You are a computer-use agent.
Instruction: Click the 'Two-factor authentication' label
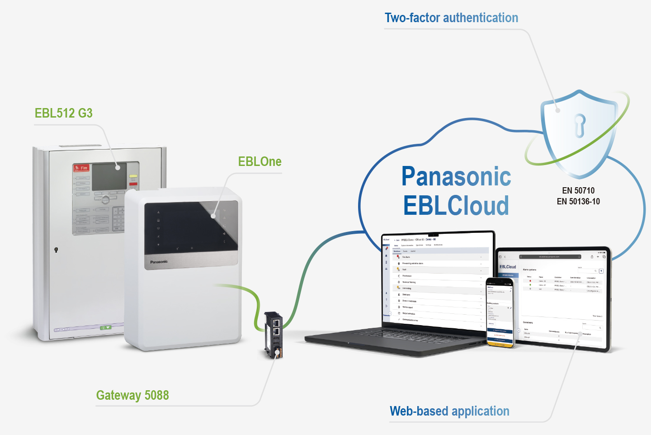[451, 18]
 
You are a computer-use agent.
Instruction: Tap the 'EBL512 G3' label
[64, 113]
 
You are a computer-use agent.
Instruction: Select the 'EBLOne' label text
[259, 161]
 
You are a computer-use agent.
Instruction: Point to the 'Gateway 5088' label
[132, 395]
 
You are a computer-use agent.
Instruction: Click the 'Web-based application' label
[449, 411]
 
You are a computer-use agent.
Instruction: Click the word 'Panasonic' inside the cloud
[456, 176]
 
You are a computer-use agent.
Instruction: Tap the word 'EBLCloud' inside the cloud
[456, 206]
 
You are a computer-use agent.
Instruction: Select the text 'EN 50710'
[578, 190]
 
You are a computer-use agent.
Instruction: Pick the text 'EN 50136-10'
[578, 202]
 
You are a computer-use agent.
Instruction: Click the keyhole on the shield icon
[580, 125]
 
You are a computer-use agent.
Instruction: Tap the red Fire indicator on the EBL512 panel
[81, 168]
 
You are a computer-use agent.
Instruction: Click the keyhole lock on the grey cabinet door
[56, 250]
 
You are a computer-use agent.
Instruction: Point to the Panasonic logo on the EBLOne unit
[159, 262]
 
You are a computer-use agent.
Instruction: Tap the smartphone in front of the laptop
[500, 312]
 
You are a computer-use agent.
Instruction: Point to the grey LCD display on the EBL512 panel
[108, 176]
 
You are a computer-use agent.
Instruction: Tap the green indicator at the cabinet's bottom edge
[105, 327]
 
